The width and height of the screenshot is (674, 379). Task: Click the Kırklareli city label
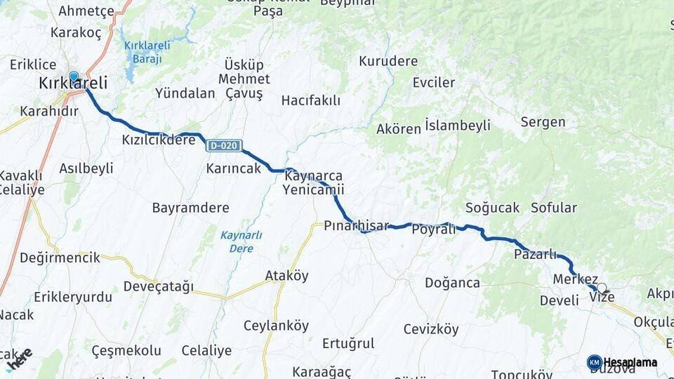pos(73,84)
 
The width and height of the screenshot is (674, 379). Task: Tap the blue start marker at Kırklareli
pos(74,76)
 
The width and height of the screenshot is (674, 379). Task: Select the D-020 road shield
pos(224,146)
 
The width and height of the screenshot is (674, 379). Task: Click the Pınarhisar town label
pos(356,226)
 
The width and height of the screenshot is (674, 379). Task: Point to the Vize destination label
pos(602,298)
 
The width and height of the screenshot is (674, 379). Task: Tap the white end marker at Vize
pos(601,287)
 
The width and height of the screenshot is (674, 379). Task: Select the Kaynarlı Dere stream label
pos(241,241)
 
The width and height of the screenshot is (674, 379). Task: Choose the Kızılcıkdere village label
pos(159,140)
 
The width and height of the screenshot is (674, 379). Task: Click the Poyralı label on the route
pos(433,230)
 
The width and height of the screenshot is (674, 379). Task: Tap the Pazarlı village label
pos(535,254)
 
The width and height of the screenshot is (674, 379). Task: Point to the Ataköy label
pos(286,276)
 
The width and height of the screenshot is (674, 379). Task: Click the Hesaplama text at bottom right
pos(630,362)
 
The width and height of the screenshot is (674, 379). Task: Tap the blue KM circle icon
pos(595,362)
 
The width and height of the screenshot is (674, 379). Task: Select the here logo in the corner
pos(19,359)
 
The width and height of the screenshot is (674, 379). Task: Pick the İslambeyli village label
pos(457,126)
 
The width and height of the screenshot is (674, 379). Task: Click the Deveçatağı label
pos(158,286)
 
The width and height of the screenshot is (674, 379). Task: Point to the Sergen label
pos(543,122)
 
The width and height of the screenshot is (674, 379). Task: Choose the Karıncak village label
pos(233,169)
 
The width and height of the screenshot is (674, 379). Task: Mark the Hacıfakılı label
pos(310,101)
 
